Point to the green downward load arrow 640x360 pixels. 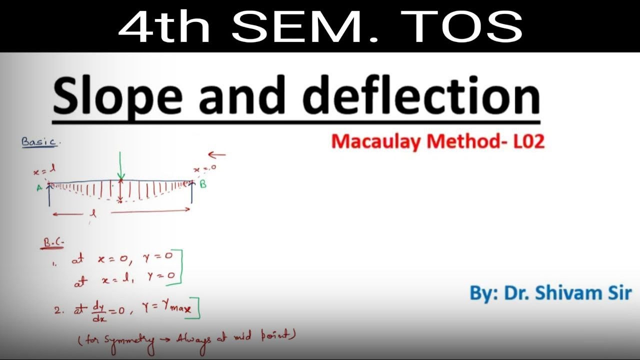pyautogui.click(x=120, y=165)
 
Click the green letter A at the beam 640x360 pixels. pyautogui.click(x=39, y=188)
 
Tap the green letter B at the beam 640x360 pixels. pyautogui.click(x=203, y=184)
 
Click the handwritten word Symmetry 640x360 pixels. pyautogui.click(x=122, y=340)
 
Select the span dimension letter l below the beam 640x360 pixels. pyautogui.click(x=92, y=212)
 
